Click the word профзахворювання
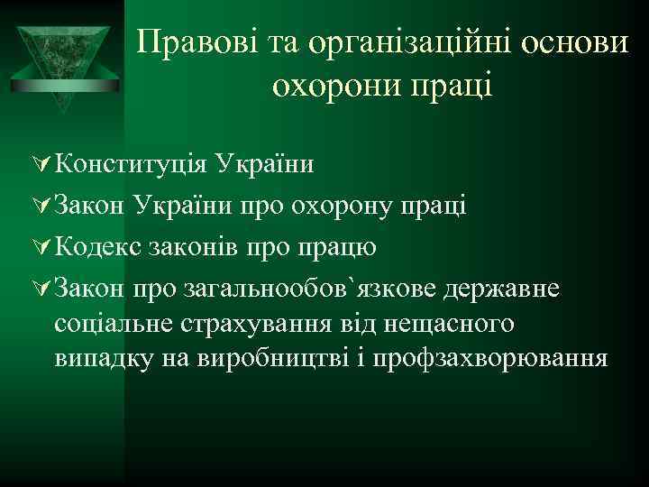pyautogui.click(x=502, y=358)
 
